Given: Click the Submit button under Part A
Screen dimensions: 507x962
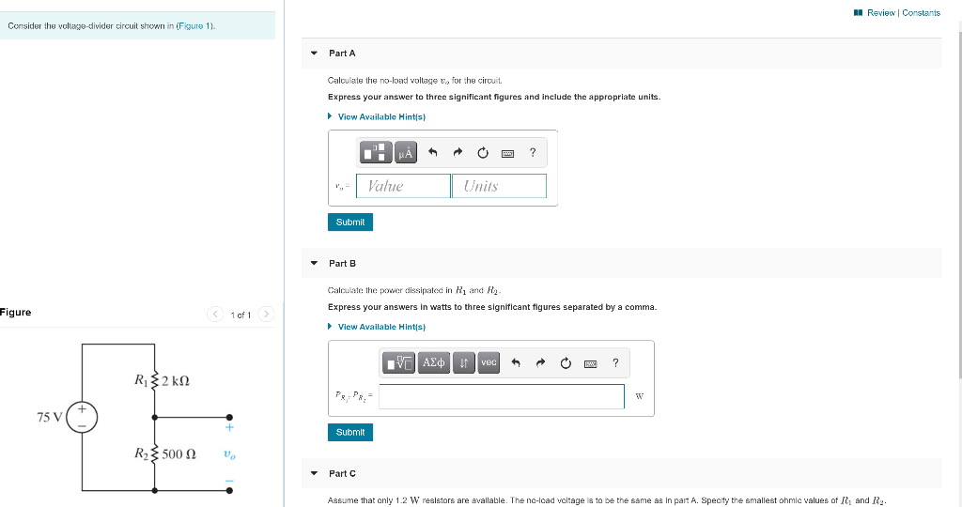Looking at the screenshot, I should pyautogui.click(x=349, y=222).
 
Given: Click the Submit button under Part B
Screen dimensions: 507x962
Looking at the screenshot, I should pyautogui.click(x=349, y=432).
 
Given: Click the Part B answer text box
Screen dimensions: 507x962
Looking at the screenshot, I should pyautogui.click(x=502, y=396).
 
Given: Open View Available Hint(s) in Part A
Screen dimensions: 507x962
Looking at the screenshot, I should pyautogui.click(x=381, y=116).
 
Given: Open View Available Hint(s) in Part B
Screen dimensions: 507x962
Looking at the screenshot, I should pyautogui.click(x=381, y=327).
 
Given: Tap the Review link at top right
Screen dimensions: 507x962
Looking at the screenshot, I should pyautogui.click(x=880, y=12).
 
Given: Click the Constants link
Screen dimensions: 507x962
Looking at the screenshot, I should pyautogui.click(x=921, y=12).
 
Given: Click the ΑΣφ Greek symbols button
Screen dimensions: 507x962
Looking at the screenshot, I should pyautogui.click(x=434, y=362).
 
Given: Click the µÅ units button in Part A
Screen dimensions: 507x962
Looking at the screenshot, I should pyautogui.click(x=406, y=152).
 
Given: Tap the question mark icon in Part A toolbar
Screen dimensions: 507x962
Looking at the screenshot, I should pyautogui.click(x=533, y=152).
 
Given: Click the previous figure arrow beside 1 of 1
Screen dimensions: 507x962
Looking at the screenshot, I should pyautogui.click(x=216, y=314).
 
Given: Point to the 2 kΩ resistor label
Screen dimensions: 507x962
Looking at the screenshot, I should pyautogui.click(x=175, y=380).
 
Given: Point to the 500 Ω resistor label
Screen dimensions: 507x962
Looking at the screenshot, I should pyautogui.click(x=178, y=454).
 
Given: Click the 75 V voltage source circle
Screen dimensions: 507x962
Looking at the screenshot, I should pyautogui.click(x=82, y=417).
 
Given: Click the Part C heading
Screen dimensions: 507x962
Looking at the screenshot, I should pyautogui.click(x=342, y=473).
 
